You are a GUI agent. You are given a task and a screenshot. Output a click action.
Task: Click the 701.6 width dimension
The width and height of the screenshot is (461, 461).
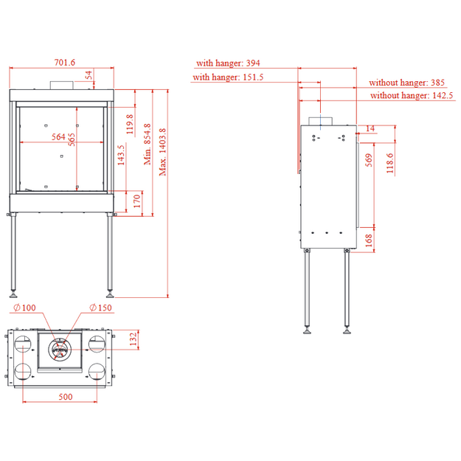(65, 63)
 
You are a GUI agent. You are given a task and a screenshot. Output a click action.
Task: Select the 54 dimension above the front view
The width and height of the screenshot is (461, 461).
(89, 74)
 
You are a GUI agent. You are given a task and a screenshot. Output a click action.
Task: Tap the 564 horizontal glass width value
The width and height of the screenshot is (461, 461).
(58, 136)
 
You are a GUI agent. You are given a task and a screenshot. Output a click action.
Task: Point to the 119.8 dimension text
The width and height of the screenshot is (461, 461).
(130, 124)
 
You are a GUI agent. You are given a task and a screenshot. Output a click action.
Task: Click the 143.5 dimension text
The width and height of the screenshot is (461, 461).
(121, 155)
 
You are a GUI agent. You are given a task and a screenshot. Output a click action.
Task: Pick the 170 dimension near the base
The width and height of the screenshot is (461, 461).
(137, 201)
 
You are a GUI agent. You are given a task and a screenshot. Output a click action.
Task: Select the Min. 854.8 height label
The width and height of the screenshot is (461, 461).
(148, 144)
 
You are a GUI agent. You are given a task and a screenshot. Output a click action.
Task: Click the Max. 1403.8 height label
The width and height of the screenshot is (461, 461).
(162, 152)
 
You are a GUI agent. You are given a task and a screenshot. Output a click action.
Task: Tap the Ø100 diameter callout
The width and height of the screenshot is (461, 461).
(24, 308)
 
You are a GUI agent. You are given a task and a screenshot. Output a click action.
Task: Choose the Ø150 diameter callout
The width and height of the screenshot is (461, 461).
(100, 308)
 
